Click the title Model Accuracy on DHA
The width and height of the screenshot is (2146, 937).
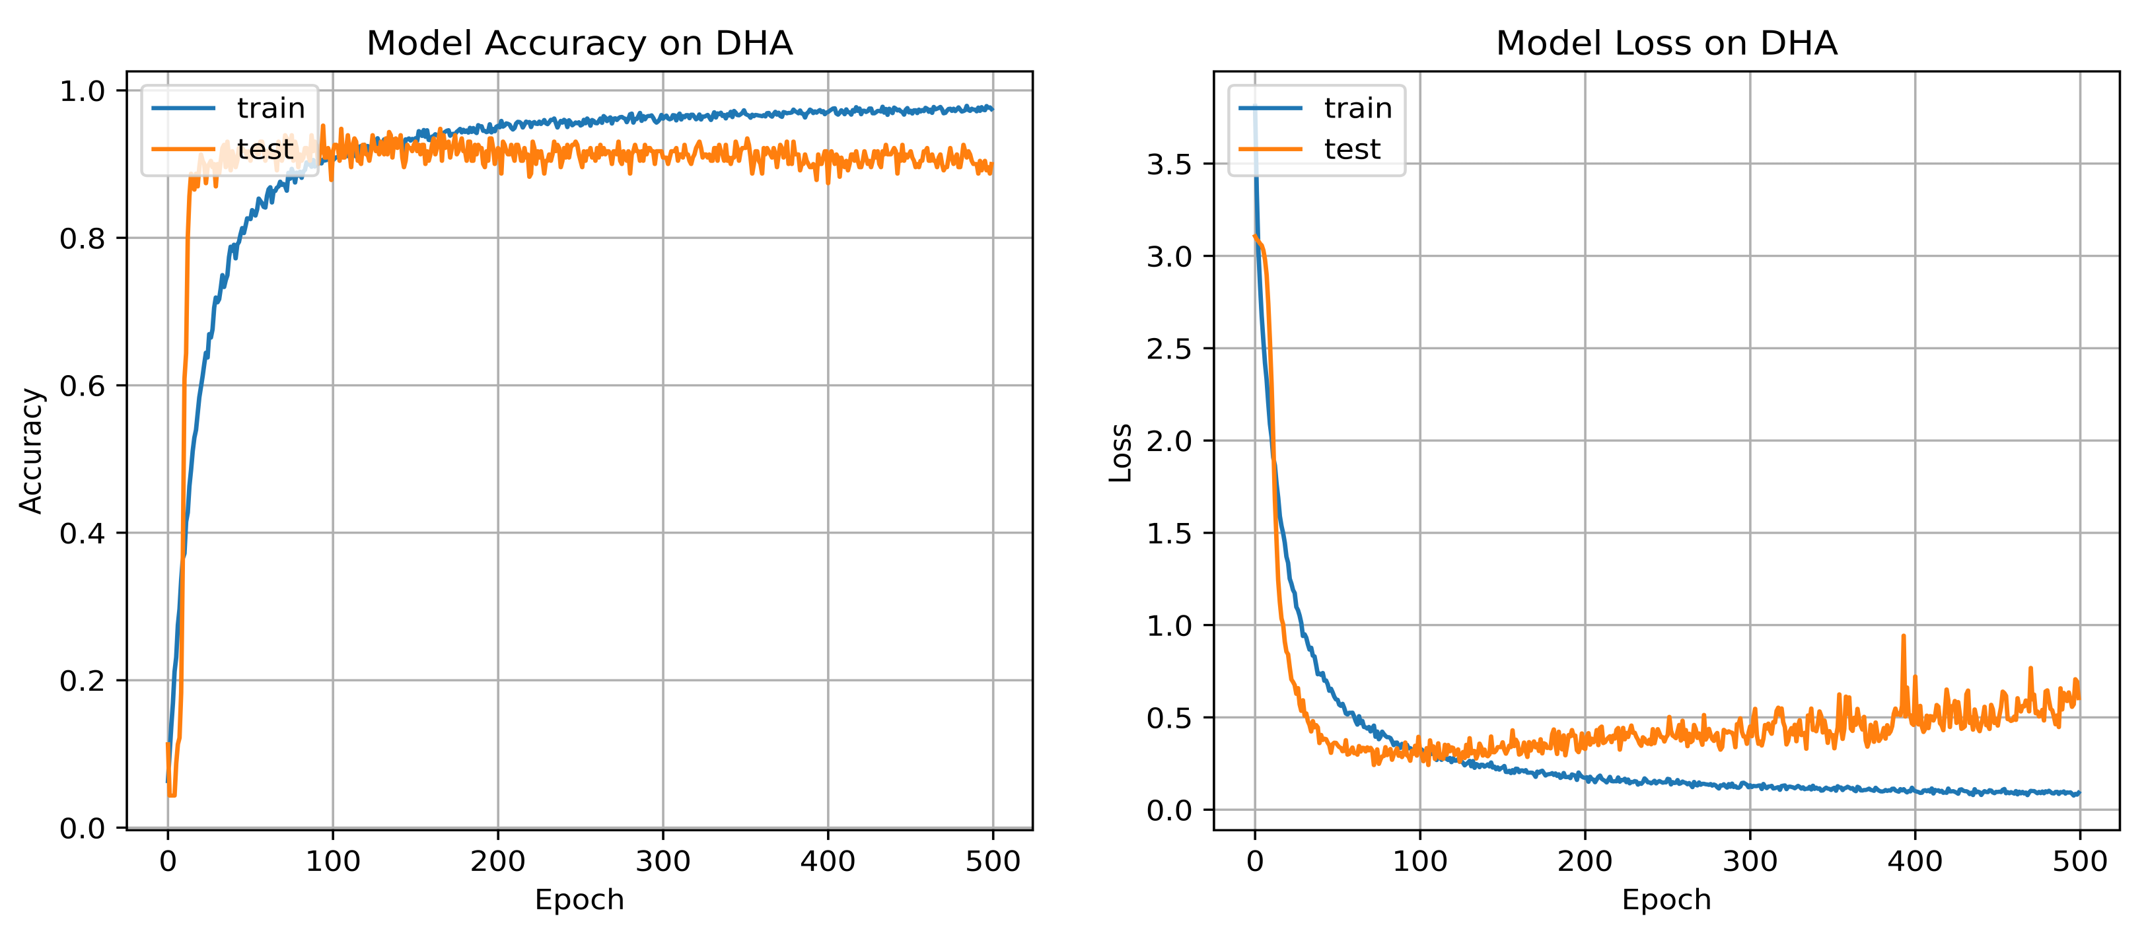pos(579,44)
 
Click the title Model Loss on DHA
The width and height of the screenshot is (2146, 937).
pos(1666,44)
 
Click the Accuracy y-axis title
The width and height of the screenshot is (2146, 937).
pos(31,450)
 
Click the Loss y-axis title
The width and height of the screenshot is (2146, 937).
pos(1120,452)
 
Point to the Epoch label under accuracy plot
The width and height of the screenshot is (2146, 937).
pos(579,899)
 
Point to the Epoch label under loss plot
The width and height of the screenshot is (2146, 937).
pos(1666,899)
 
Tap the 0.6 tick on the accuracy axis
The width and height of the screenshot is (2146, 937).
pos(82,386)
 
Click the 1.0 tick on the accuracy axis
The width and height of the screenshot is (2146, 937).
pos(82,90)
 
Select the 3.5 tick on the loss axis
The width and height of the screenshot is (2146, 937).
pos(1169,164)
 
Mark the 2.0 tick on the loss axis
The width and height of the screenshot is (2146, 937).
pos(1169,440)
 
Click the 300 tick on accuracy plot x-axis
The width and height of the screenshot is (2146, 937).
pos(662,861)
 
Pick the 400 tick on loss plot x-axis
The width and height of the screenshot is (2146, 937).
pos(1914,861)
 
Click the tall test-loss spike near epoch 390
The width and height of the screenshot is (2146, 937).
pos(1903,638)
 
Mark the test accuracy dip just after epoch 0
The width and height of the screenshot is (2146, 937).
pos(172,794)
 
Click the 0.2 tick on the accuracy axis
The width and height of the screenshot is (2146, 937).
pos(82,681)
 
